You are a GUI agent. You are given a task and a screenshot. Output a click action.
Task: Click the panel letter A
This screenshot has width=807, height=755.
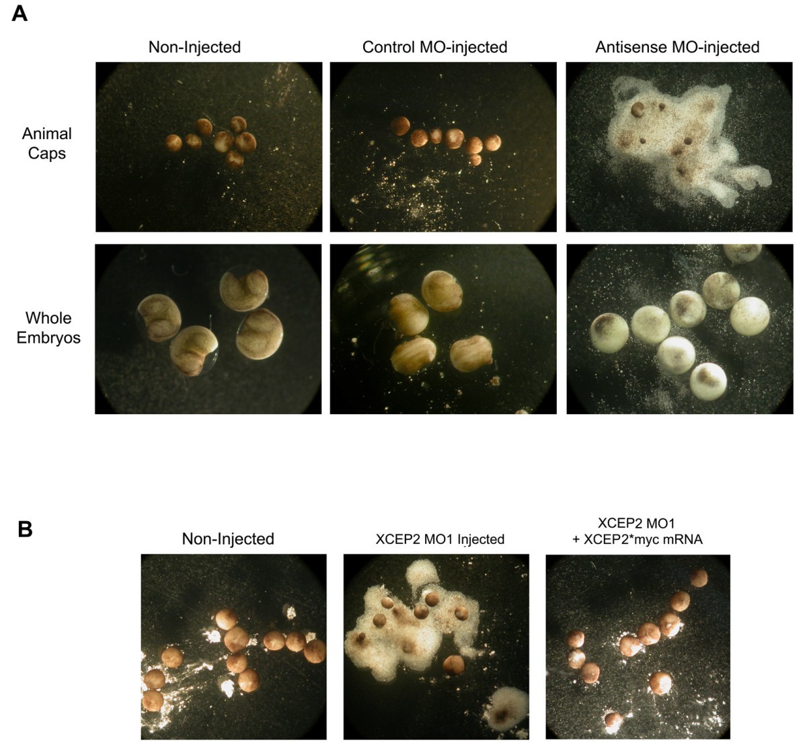20,14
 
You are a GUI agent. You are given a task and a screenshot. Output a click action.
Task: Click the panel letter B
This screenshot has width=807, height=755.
25,530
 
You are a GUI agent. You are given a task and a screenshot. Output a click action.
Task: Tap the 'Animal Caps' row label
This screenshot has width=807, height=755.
46,143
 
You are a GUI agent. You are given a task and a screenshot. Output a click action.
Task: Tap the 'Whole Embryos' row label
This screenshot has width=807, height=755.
48,327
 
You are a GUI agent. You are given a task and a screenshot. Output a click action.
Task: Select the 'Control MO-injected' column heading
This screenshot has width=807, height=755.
435,47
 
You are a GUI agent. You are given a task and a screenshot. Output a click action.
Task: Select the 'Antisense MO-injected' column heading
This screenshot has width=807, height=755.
677,47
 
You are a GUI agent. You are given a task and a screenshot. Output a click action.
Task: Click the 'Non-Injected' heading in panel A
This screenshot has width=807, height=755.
194,47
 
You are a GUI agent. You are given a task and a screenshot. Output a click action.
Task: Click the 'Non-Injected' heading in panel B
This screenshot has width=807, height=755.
228,539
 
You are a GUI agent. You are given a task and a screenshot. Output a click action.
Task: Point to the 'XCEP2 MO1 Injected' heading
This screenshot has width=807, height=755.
440,539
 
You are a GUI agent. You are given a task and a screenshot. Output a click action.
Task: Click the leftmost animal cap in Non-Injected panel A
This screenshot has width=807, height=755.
174,143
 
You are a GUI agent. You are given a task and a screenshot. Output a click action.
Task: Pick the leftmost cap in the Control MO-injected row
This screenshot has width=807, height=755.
400,126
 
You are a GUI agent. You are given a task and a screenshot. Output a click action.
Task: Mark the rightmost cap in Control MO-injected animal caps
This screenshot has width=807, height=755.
492,143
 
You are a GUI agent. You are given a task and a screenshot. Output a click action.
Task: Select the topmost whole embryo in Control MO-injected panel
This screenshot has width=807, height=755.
442,291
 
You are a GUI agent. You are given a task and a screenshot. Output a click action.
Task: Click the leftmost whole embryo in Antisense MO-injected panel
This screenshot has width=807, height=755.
609,333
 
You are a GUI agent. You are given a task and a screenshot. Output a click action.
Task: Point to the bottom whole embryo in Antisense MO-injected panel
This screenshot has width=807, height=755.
707,382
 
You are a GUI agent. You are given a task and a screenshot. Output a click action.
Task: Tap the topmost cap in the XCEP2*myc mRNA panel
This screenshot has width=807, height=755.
699,578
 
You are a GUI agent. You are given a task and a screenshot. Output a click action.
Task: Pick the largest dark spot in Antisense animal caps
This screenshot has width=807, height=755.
638,109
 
